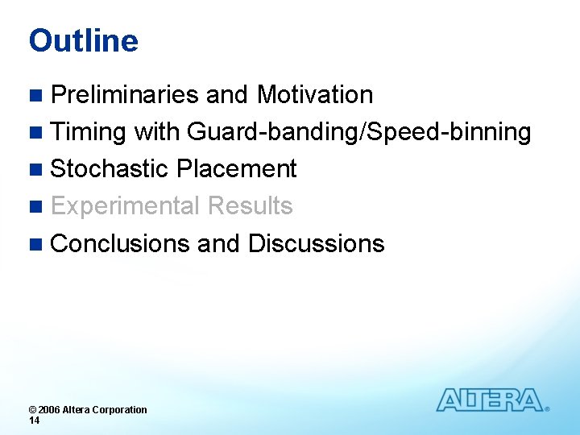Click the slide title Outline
[83, 40]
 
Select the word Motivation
[314, 95]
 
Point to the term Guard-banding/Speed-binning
[358, 132]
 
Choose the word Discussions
[316, 243]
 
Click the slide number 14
[35, 420]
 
